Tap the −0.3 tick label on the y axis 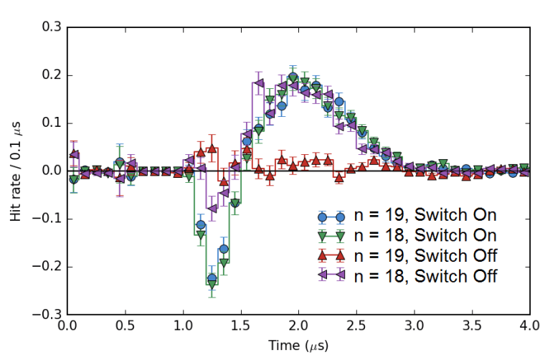[47, 315]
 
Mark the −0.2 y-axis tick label [47, 267]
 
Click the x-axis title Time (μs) [298, 346]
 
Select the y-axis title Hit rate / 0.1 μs [15, 171]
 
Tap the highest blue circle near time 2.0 [293, 77]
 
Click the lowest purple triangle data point [212, 209]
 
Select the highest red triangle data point [212, 149]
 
